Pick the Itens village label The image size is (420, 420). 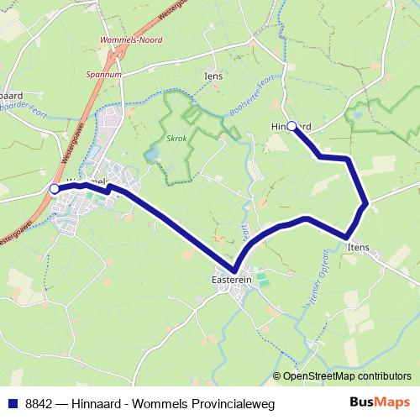356,248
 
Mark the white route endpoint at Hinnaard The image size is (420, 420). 291,126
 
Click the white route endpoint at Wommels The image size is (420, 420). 55,189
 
